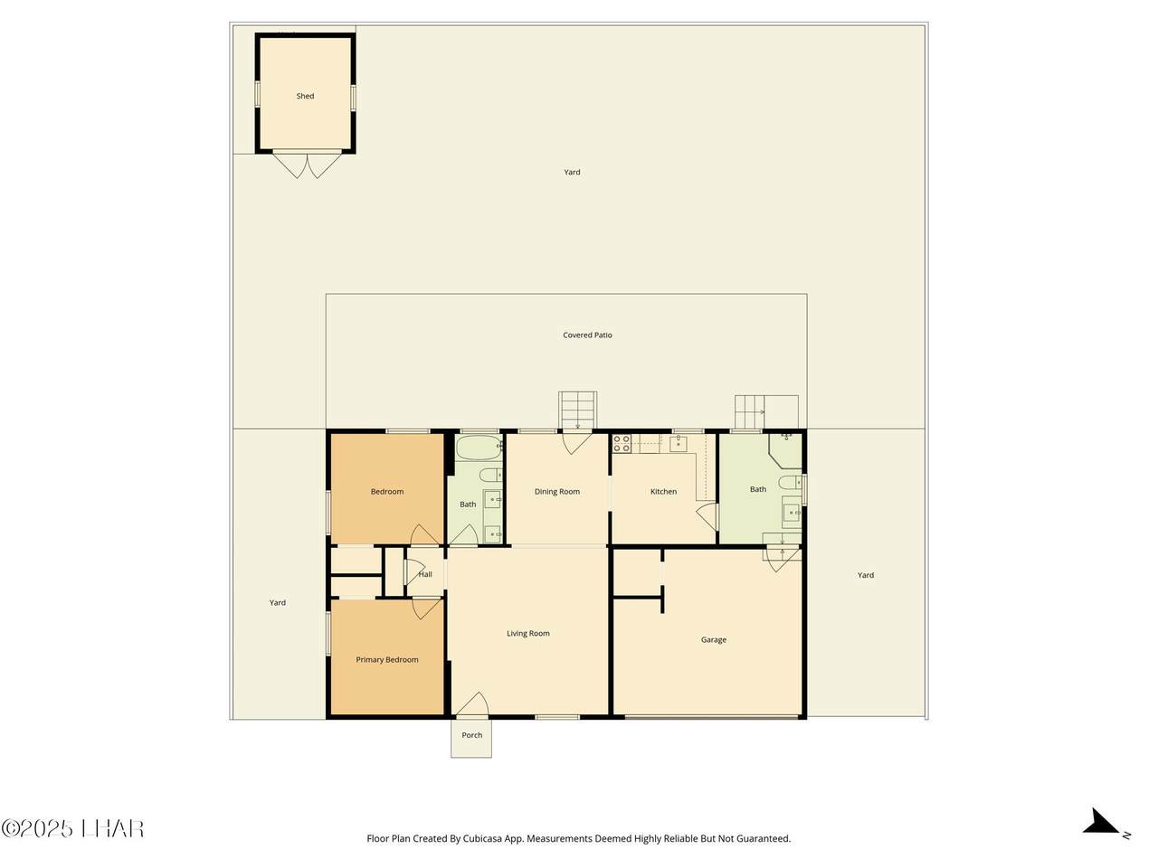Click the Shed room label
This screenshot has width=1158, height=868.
point(305,96)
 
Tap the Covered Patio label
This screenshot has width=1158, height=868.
point(587,335)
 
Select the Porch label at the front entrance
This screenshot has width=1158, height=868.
point(471,735)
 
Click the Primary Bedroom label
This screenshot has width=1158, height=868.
point(386,660)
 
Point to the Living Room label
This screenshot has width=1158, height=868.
point(528,634)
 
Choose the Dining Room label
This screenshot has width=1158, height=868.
point(557,492)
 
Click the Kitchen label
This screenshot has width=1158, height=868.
point(663,492)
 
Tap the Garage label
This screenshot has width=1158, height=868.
point(713,640)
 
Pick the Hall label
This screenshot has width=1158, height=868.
point(425,574)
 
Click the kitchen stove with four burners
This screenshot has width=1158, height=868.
point(622,443)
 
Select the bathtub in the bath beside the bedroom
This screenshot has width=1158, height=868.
point(478,448)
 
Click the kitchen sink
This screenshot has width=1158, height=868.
point(678,444)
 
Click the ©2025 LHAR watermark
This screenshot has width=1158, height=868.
point(72,828)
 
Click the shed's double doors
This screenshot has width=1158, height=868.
point(307,165)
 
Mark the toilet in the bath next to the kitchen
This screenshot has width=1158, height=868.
point(791,482)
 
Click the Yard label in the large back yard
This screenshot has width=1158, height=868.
point(572,173)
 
